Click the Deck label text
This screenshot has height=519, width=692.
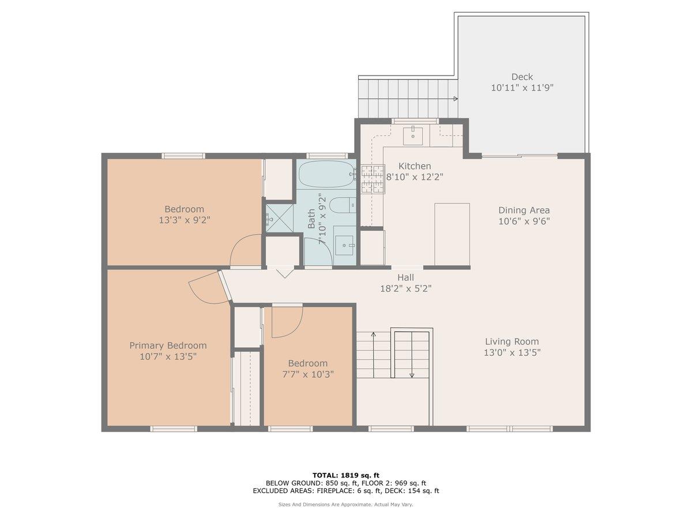522,77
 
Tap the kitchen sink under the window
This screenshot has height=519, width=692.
413,136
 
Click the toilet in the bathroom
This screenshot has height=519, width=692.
344,205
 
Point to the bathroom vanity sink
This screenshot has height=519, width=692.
345,246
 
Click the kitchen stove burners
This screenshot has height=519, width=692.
373,178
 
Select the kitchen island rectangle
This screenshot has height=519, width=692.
452,230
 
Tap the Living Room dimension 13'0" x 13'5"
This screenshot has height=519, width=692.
512,352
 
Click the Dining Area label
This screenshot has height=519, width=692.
524,210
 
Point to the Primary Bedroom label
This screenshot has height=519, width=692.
168,345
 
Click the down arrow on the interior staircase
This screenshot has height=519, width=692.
412,374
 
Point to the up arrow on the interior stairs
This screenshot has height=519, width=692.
373,334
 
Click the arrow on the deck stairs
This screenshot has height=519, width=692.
455,99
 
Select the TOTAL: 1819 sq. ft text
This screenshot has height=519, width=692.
345,475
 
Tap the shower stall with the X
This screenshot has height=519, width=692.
279,219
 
